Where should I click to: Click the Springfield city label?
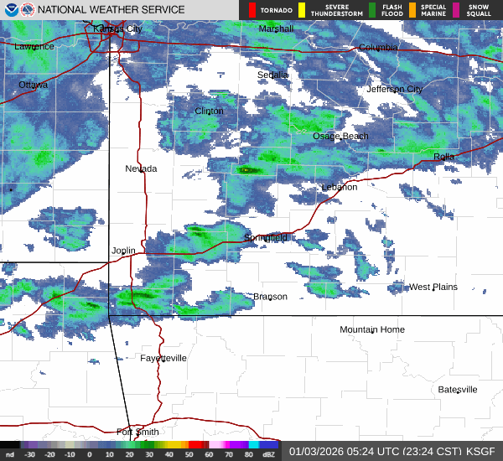[266, 238]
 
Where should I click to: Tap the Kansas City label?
[117, 28]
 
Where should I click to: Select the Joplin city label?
[123, 251]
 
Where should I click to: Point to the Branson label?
[270, 297]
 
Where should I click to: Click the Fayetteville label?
[163, 358]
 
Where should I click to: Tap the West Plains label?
[433, 287]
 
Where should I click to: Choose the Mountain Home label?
[371, 329]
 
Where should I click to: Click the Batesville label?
[458, 390]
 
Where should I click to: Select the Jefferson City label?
[394, 89]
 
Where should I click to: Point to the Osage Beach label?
[340, 136]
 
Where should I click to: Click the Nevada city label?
[141, 168]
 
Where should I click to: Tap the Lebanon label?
[340, 187]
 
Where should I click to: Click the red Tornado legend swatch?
[251, 11]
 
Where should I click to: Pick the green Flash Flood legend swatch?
[372, 11]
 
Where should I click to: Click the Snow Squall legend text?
[479, 11]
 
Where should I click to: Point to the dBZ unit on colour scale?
[269, 454]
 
